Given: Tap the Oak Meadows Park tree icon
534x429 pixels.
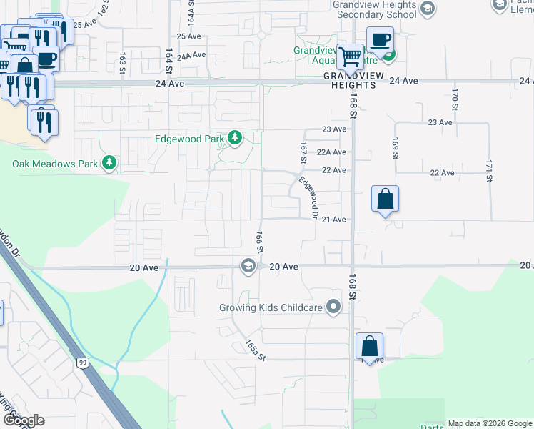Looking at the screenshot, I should click(109, 164).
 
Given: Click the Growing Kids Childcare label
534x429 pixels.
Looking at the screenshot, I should click(272, 309).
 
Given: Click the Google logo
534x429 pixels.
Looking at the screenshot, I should click(24, 420).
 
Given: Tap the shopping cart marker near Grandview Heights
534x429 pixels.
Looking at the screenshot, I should click(350, 56).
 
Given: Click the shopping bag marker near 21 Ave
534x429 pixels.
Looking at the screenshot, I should click(385, 199).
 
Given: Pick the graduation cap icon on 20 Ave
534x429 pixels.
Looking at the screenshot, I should click(248, 266).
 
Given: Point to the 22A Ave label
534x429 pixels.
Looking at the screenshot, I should click(331, 152).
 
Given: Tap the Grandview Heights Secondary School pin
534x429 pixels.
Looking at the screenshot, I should click(428, 9).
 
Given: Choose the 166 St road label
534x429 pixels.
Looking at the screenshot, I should click(261, 241).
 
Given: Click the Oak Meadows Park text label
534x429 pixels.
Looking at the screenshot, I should click(55, 164).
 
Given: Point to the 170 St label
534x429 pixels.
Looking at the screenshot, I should click(454, 95).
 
